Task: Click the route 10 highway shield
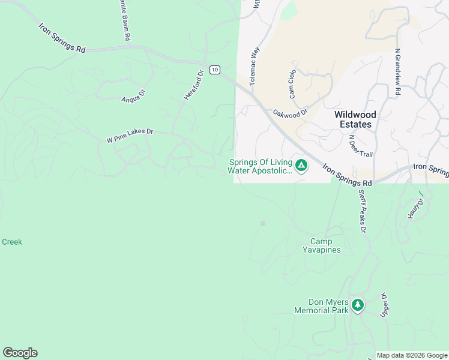pyautogui.click(x=214, y=69)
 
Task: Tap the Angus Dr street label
pyautogui.click(x=134, y=96)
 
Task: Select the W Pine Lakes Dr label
pyautogui.click(x=130, y=136)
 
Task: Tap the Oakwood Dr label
pyautogui.click(x=290, y=112)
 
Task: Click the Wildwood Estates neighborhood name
pyautogui.click(x=355, y=119)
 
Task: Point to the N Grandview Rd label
pyautogui.click(x=397, y=73)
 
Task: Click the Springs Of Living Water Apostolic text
pyautogui.click(x=259, y=166)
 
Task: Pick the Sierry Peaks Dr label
pyautogui.click(x=362, y=211)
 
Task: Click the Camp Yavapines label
pyautogui.click(x=321, y=246)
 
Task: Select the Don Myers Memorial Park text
pyautogui.click(x=321, y=307)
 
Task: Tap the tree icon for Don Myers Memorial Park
pyautogui.click(x=358, y=305)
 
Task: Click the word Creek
pyautogui.click(x=12, y=242)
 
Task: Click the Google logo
pyautogui.click(x=20, y=353)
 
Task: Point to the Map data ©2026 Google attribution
pyautogui.click(x=412, y=355)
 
